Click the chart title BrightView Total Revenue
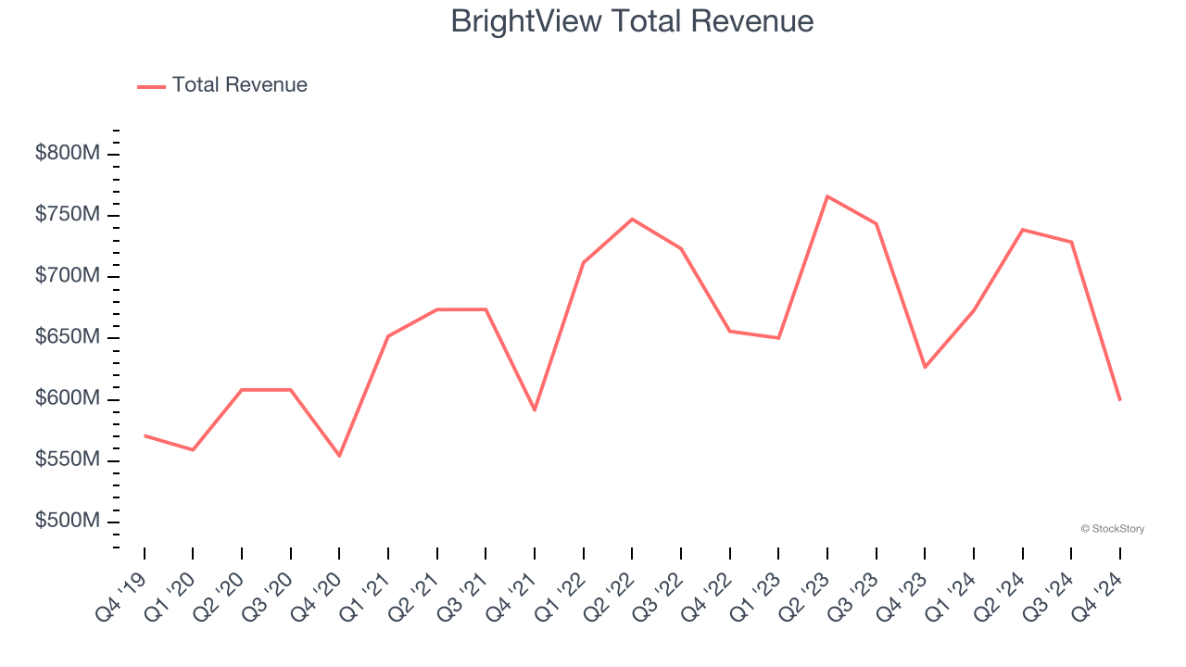coord(632,21)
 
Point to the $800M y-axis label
coord(67,154)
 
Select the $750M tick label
coord(67,215)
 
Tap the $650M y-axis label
coord(67,337)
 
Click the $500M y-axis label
coord(67,522)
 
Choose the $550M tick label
coord(67,460)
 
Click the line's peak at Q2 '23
coord(827,196)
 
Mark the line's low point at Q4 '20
coord(339,456)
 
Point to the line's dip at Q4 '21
coord(535,409)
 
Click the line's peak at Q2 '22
coord(632,220)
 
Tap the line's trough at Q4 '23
coord(925,368)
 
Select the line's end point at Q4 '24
coord(1119,399)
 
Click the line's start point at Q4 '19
coord(145,435)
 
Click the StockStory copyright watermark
coord(1112,529)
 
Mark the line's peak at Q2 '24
coord(1022,230)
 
